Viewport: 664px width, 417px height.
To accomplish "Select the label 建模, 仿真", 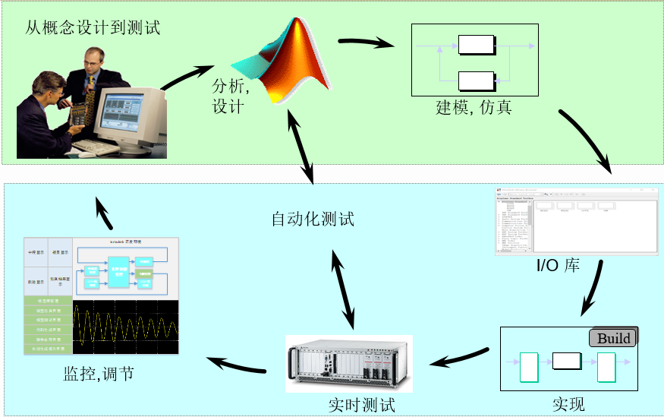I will tap(474, 107).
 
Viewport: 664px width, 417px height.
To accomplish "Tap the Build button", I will tap(613, 338).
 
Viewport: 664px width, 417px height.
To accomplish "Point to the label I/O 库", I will tap(558, 266).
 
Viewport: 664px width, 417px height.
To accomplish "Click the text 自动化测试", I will tap(313, 220).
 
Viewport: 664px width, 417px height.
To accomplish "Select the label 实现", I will tap(568, 403).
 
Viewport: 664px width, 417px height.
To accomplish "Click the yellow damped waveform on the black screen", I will tap(125, 327).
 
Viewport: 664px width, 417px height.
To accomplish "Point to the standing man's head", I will tap(93, 59).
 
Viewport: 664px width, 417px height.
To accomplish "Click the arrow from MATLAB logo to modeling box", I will tap(367, 42).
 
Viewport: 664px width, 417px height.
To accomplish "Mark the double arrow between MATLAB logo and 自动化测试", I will tap(301, 144).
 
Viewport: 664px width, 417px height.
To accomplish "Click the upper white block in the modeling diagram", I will tap(476, 46).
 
